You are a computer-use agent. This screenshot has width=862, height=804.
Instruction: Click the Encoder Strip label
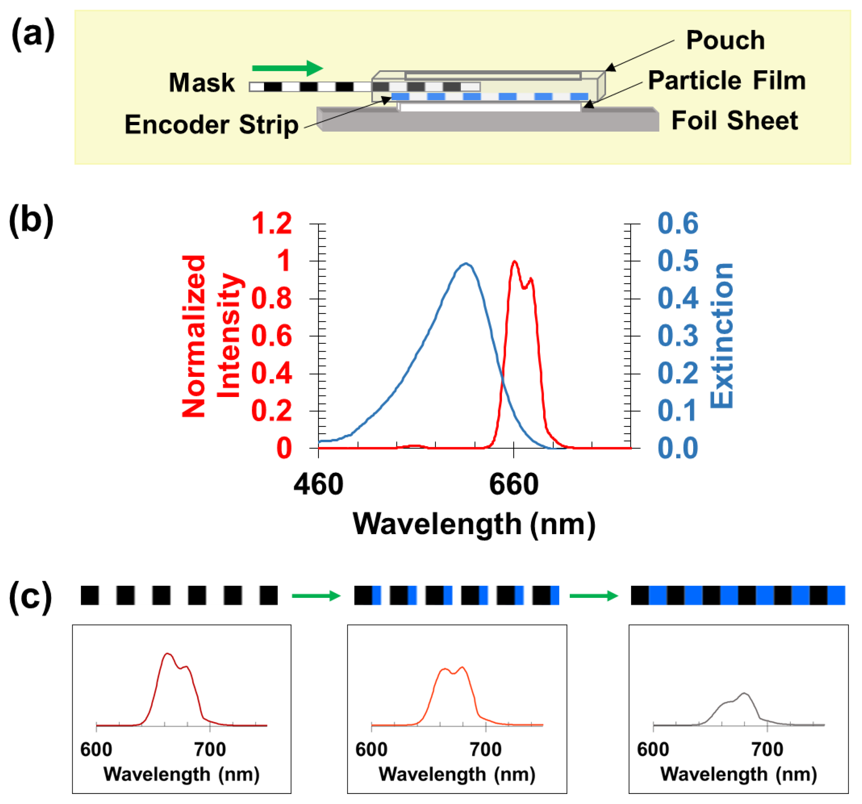[x=212, y=125]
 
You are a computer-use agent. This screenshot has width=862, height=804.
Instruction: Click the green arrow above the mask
[x=287, y=68]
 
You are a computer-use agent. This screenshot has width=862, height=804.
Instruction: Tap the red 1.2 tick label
[x=272, y=224]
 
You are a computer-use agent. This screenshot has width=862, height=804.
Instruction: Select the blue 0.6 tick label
[x=678, y=224]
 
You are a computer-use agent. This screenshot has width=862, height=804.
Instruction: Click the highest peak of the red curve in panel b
[x=515, y=261]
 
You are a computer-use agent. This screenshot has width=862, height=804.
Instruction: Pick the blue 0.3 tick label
[x=678, y=336]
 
